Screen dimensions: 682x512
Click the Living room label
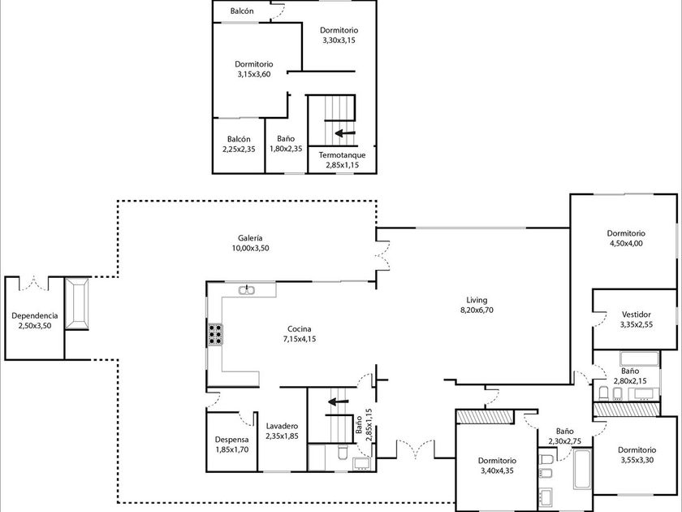[x=477, y=300]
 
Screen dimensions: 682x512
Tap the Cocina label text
[x=300, y=329]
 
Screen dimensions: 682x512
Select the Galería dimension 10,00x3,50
[x=251, y=248]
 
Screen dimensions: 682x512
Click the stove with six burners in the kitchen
[x=215, y=335]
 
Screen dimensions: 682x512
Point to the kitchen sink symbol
[x=247, y=290]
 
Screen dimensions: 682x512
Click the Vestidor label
[x=637, y=315]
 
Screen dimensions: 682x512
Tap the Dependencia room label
[x=35, y=315]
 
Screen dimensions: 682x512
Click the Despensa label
[x=232, y=440]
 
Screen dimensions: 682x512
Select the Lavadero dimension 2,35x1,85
[x=283, y=436]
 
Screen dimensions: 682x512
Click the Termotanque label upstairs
[x=343, y=155]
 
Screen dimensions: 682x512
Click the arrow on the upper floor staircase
[x=345, y=132]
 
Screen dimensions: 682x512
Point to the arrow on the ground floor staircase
[x=338, y=401]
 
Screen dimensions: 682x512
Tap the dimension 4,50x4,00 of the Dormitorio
[x=626, y=243]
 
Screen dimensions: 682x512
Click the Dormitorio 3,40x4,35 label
[x=497, y=466]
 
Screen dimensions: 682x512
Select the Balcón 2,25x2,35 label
[x=239, y=144]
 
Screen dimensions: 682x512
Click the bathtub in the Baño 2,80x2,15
[x=640, y=358]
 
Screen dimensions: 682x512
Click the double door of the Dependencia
[x=34, y=284]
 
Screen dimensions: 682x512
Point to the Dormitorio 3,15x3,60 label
[x=254, y=69]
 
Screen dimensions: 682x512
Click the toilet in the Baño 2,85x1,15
[x=343, y=453]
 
